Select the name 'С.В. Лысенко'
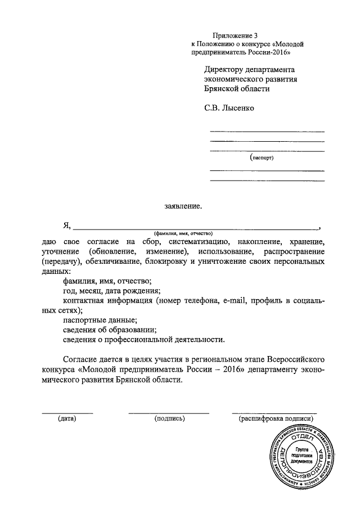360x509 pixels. pyautogui.click(x=229, y=106)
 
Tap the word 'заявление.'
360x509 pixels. pyautogui.click(x=179, y=206)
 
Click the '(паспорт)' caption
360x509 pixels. pyautogui.click(x=262, y=159)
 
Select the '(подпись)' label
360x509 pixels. pyautogui.click(x=169, y=418)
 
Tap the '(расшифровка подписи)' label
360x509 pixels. pyautogui.click(x=275, y=418)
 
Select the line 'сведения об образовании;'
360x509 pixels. pyautogui.click(x=109, y=330)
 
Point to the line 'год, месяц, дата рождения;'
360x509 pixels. pyautogui.click(x=112, y=291)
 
